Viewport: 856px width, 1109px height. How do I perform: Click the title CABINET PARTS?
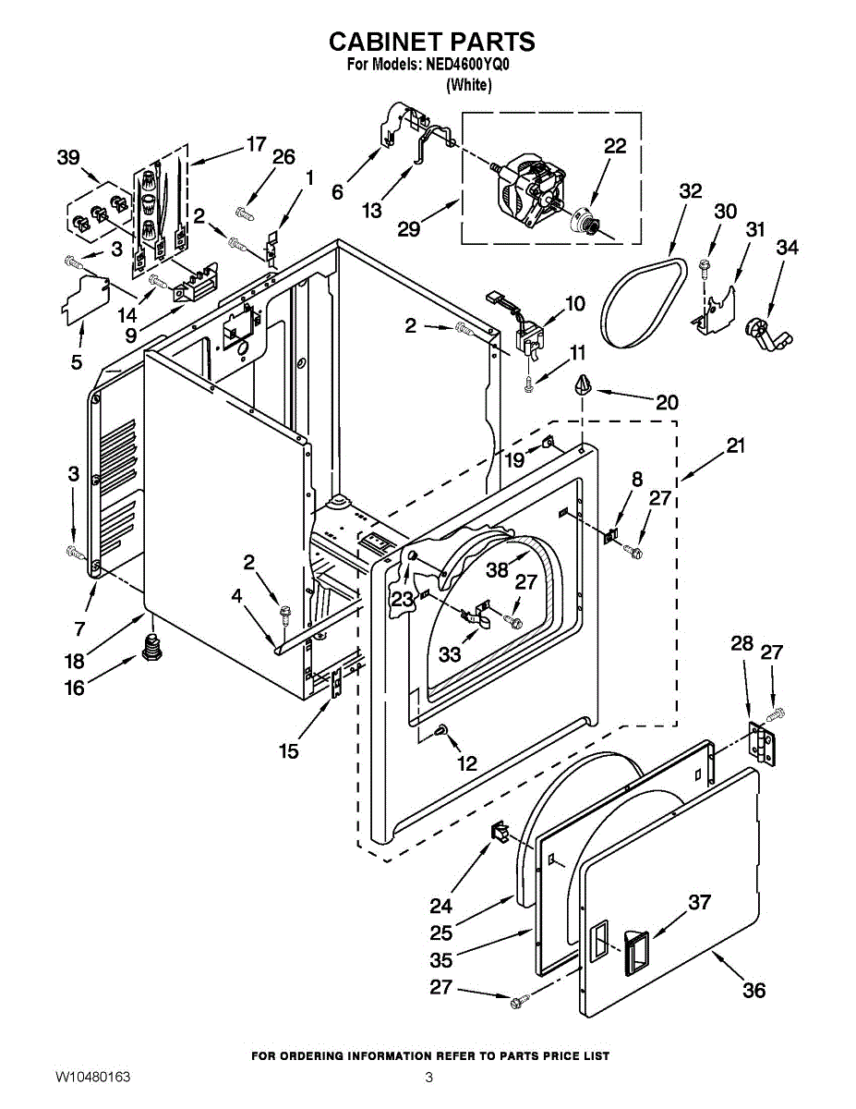(431, 42)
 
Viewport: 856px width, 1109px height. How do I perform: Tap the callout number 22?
(615, 146)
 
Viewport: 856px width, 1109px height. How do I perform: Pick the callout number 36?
(754, 990)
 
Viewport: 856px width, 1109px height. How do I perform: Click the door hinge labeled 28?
(763, 743)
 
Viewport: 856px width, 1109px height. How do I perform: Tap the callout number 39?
(68, 158)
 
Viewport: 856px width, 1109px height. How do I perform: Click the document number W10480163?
(92, 1078)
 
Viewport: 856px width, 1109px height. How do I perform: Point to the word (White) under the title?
(469, 85)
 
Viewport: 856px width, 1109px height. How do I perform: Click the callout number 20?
(667, 402)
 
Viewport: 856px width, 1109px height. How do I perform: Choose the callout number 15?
(289, 751)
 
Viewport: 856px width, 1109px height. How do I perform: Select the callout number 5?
(77, 362)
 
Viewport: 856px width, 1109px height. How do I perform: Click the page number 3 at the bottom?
(428, 1078)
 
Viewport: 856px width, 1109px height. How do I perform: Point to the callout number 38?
(498, 569)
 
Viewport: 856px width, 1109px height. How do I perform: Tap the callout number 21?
(735, 446)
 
